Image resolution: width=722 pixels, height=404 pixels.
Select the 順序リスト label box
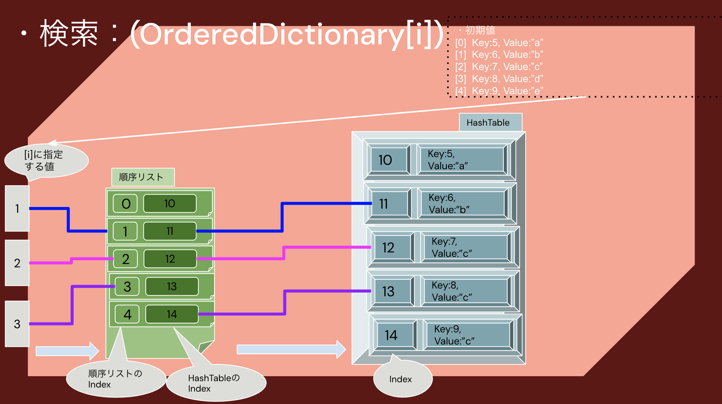(143, 177)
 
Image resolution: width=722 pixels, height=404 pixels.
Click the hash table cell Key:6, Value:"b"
(462, 204)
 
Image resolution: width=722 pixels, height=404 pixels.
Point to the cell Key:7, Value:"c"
(465, 247)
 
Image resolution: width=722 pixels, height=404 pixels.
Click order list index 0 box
(125, 204)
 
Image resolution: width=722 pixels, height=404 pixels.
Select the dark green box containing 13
(172, 287)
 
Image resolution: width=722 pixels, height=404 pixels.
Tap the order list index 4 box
(127, 314)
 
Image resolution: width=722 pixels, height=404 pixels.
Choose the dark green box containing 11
(169, 231)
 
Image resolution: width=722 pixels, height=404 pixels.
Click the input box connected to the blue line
(17, 208)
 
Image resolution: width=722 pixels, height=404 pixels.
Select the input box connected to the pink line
(17, 263)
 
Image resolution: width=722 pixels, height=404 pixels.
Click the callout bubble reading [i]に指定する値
(46, 161)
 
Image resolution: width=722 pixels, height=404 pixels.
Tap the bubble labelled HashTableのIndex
(216, 383)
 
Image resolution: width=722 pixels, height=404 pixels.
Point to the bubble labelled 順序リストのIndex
(115, 379)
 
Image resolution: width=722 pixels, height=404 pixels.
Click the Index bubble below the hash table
(403, 379)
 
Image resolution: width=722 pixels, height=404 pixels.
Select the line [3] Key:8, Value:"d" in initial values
(499, 79)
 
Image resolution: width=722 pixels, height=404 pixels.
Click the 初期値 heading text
(480, 30)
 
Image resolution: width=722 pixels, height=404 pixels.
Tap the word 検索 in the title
(69, 34)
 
